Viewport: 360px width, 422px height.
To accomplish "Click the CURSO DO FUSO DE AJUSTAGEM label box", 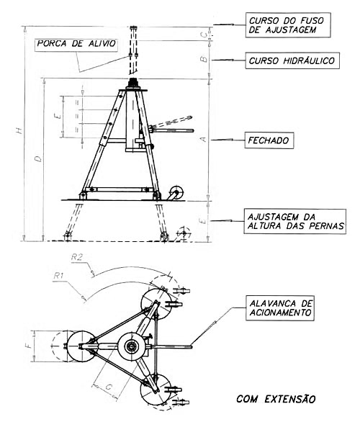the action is (288, 24).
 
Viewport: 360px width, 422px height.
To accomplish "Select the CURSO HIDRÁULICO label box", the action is (292, 60).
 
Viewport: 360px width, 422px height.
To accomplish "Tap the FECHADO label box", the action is (269, 140).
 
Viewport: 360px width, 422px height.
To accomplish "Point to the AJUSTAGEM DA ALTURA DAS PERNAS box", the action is (295, 221).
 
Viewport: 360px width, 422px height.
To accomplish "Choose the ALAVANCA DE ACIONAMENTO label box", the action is (280, 308).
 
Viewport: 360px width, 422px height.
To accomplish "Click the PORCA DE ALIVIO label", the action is (76, 44).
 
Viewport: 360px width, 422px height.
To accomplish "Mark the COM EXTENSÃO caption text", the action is (276, 398).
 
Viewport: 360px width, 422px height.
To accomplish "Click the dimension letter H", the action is (19, 131).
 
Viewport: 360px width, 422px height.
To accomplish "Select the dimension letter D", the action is (40, 158).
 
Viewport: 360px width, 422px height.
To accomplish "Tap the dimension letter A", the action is (204, 139).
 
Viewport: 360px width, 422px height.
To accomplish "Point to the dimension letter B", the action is (205, 59).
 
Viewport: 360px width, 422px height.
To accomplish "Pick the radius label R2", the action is (77, 258).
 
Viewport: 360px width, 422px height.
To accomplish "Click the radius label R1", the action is (58, 276).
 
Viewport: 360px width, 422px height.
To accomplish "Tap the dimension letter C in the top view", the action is (109, 387).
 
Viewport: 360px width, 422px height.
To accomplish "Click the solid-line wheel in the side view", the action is (176, 193).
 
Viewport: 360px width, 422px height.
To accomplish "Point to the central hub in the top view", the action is (132, 346).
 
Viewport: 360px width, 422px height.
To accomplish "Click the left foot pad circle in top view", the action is (81, 346).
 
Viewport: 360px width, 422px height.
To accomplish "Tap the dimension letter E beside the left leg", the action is (57, 117).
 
